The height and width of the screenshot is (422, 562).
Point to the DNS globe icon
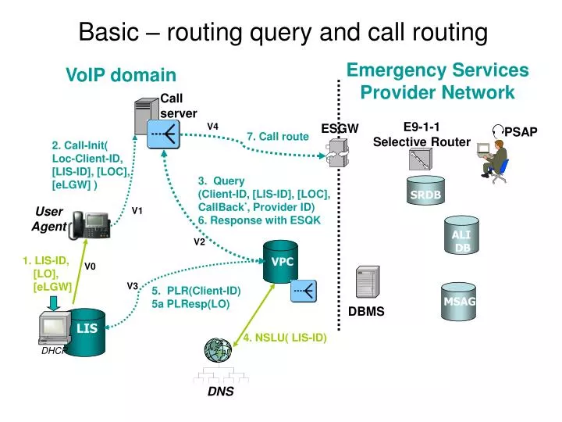(x=218, y=349)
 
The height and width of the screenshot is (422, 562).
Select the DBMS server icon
(x=367, y=284)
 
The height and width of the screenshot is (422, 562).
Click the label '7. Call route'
(x=278, y=137)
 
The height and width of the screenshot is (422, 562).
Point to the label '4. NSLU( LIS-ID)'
(x=283, y=338)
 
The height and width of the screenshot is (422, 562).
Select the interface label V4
(x=212, y=126)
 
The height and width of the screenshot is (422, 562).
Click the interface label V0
(x=90, y=266)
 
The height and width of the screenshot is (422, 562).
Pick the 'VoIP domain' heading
(x=121, y=75)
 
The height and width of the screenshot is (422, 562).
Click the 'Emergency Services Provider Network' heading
(x=437, y=81)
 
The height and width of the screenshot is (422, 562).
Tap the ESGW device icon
(x=336, y=152)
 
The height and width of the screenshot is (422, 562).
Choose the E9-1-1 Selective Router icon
(x=419, y=160)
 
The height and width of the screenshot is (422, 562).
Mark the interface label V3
(x=133, y=285)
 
